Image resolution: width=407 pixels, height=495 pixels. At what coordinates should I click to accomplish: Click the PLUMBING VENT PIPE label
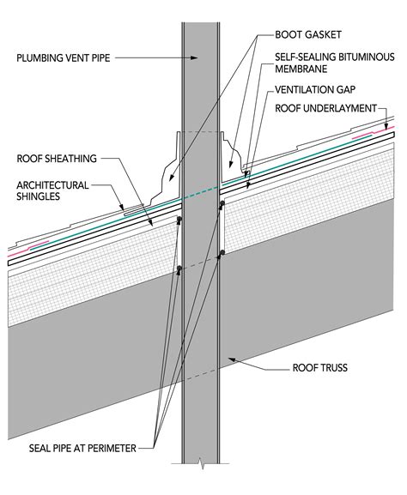click(x=64, y=58)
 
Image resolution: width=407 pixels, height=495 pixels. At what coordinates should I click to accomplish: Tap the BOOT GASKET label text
click(x=308, y=34)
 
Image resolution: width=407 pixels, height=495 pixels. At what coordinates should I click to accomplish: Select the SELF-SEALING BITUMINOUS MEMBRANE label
click(x=335, y=63)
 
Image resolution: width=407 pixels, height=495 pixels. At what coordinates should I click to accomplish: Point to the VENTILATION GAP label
click(x=315, y=90)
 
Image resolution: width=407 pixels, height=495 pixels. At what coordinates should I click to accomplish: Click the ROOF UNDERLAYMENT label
click(x=325, y=108)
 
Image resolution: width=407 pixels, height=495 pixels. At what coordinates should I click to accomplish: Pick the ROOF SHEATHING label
click(x=57, y=158)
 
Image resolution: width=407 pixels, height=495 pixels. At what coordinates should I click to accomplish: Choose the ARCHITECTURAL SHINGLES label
click(x=52, y=190)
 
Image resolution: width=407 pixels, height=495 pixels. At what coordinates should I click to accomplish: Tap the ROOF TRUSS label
click(x=319, y=368)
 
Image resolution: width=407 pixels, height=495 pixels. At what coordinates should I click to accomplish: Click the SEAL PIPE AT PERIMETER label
click(x=82, y=449)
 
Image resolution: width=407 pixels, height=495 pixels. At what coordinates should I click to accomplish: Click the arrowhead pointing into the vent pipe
click(x=194, y=57)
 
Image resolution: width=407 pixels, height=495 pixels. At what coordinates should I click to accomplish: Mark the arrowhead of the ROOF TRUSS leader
click(x=232, y=359)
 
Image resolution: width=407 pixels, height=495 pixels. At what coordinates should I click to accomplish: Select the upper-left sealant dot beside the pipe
click(x=179, y=219)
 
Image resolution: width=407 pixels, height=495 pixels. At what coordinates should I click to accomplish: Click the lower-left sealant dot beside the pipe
click(x=179, y=269)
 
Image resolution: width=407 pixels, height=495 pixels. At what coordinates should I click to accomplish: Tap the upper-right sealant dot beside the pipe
click(x=222, y=203)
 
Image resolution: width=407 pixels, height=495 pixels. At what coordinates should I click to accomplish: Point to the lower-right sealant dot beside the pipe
click(x=222, y=252)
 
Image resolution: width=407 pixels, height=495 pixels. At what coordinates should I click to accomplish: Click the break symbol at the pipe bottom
click(x=201, y=464)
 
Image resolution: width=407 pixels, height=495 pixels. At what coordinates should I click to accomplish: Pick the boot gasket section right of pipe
click(x=231, y=158)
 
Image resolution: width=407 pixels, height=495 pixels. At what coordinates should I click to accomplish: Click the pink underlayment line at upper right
click(x=374, y=133)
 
